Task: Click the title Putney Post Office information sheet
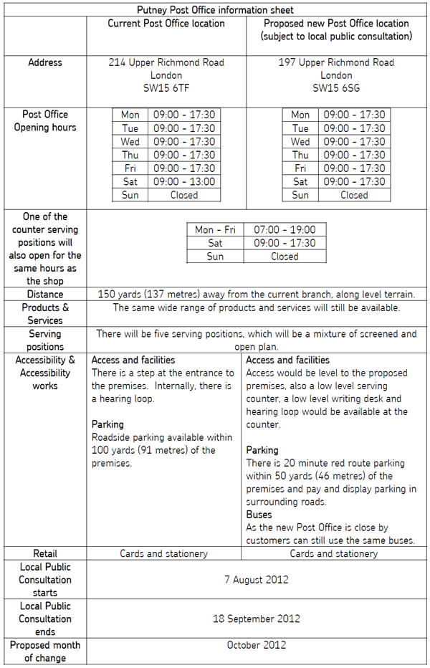click(x=215, y=10)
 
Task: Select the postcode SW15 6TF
click(x=166, y=88)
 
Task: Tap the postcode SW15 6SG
click(x=336, y=88)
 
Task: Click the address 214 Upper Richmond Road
click(x=166, y=62)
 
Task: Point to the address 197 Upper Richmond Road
click(x=336, y=62)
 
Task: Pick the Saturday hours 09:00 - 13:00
click(x=184, y=181)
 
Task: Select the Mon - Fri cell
click(x=215, y=230)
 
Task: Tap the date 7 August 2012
click(x=257, y=579)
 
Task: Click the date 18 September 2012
click(x=257, y=618)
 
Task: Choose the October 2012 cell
click(x=257, y=644)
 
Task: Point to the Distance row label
click(x=45, y=294)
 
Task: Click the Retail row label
click(x=45, y=553)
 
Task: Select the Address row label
click(x=45, y=62)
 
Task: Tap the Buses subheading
click(x=259, y=515)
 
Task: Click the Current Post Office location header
click(x=166, y=24)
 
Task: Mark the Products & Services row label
click(x=45, y=314)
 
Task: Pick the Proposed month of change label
click(x=45, y=651)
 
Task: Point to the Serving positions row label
click(x=45, y=340)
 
